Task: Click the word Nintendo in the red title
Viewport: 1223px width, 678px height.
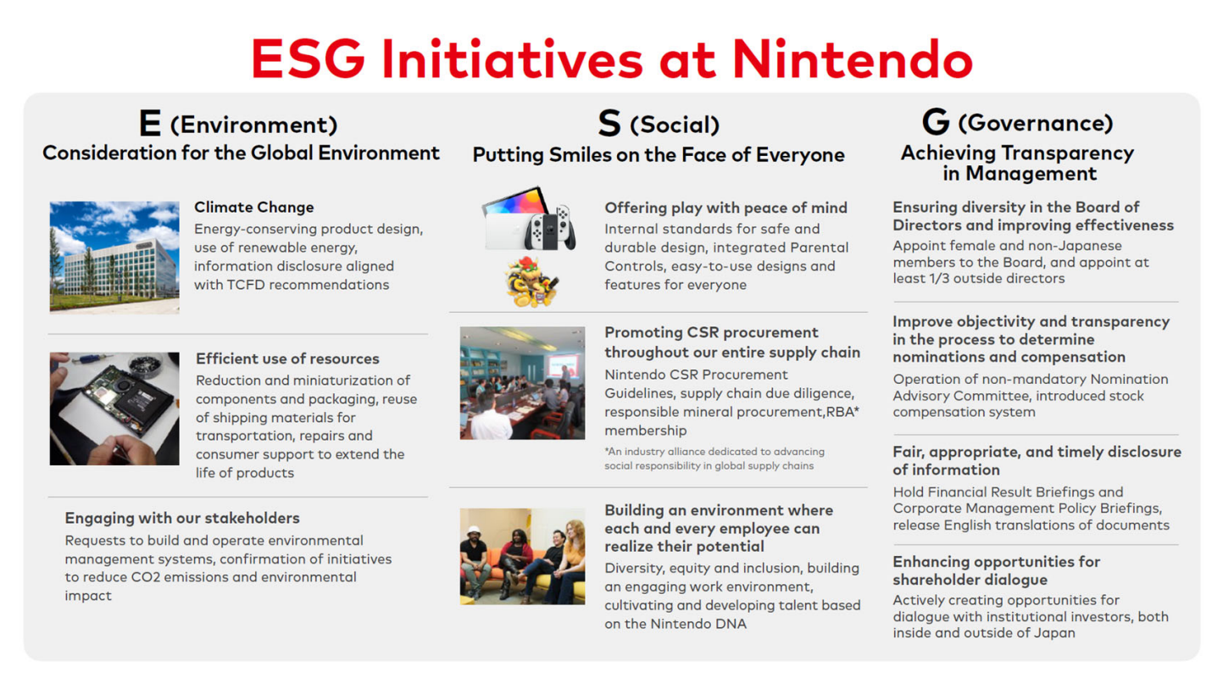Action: [853, 58]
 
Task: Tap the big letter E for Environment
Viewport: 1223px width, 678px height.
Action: [150, 123]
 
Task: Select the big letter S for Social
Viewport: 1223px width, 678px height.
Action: [609, 123]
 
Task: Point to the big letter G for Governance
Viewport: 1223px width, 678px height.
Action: [936, 121]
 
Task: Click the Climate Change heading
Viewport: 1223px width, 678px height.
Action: [254, 207]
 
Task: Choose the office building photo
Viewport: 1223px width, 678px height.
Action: [114, 257]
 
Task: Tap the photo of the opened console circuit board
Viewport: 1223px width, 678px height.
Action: [114, 408]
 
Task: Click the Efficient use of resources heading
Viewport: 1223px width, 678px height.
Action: [287, 358]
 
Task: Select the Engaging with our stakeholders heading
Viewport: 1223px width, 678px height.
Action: [182, 518]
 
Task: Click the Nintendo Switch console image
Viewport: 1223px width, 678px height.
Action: [529, 219]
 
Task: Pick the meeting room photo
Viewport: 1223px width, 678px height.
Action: [522, 383]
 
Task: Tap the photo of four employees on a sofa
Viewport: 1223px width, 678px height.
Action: [522, 556]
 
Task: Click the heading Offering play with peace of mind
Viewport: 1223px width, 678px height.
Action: [725, 208]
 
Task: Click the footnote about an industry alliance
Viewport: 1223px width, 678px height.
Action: [714, 458]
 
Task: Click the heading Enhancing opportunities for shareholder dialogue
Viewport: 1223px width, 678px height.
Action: [997, 570]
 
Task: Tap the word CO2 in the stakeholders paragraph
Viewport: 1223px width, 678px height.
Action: [145, 577]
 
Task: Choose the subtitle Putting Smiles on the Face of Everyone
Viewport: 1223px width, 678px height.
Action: [659, 155]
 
